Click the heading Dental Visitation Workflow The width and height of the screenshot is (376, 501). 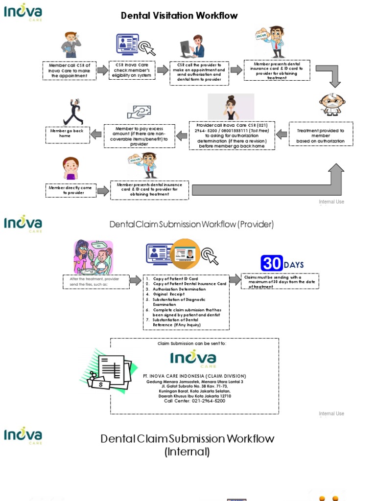[179, 16]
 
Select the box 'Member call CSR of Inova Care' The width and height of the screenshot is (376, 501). [69, 70]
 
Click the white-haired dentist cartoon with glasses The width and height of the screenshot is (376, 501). [332, 104]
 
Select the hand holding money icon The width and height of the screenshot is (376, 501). [139, 112]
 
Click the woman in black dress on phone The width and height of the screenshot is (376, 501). [231, 107]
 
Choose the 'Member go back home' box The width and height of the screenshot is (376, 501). [68, 134]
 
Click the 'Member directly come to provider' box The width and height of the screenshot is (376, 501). [70, 190]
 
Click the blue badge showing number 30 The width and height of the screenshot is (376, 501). [271, 264]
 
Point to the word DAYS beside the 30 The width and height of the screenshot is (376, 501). [294, 265]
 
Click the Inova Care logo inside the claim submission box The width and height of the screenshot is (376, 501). [193, 360]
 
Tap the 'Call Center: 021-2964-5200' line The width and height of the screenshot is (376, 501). [194, 401]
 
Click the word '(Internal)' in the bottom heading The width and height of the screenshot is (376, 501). [187, 452]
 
